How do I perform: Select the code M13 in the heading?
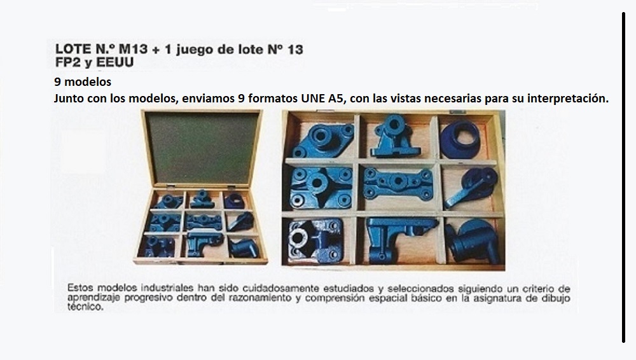coord(133,49)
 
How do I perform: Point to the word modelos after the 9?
coord(88,81)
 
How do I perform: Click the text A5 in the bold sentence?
coord(336,99)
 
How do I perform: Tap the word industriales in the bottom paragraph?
coord(167,287)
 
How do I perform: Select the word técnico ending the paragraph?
coord(85,307)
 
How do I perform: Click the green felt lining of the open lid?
coord(202,148)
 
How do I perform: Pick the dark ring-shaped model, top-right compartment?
coord(460,139)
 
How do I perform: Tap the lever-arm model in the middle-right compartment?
coord(471,188)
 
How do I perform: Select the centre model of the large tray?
coord(398,184)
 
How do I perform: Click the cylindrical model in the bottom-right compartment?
coord(472,241)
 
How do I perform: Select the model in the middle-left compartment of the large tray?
coord(321,187)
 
